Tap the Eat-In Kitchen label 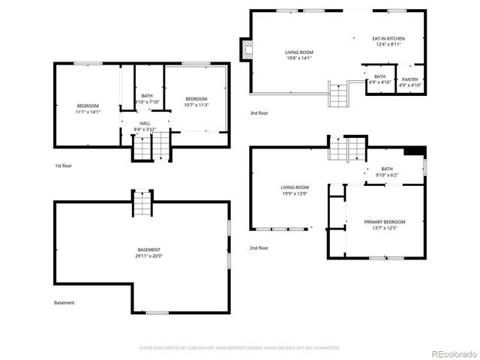pos(388,38)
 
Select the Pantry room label pos(410,79)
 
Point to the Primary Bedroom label pos(385,222)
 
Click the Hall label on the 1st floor pos(145,123)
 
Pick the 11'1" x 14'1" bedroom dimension pos(88,112)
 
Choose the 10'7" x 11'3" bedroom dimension pos(196,105)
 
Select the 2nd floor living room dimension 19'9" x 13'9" pos(295,193)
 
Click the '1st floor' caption pos(63,165)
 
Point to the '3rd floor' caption pos(259,113)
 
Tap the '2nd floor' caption pos(259,247)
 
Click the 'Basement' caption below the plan pos(64,303)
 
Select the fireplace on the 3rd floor pos(245,50)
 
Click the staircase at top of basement pos(142,203)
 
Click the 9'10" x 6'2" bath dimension pos(386,175)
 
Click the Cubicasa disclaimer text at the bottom pos(240,348)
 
